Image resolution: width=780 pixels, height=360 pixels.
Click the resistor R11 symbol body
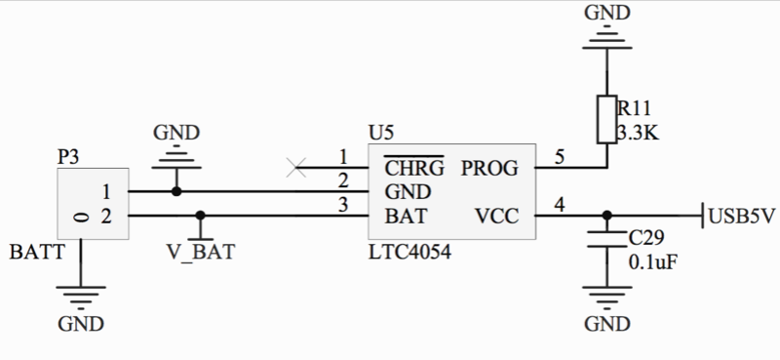(606, 121)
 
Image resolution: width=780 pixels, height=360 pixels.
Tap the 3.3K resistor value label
(638, 134)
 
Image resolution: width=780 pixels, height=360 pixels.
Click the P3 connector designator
(70, 155)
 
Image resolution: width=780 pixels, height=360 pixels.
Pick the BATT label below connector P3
(36, 251)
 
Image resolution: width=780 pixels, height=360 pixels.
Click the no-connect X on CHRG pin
(297, 167)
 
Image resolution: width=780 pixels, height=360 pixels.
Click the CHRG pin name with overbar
(413, 167)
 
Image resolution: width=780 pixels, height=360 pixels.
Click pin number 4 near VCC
(559, 204)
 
